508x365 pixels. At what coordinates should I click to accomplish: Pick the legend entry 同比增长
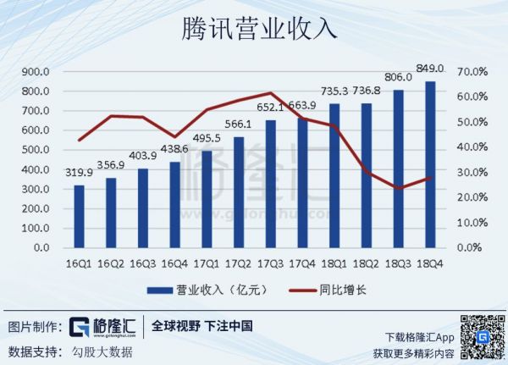pos(342,290)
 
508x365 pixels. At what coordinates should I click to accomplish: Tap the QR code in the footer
pos(481,336)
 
